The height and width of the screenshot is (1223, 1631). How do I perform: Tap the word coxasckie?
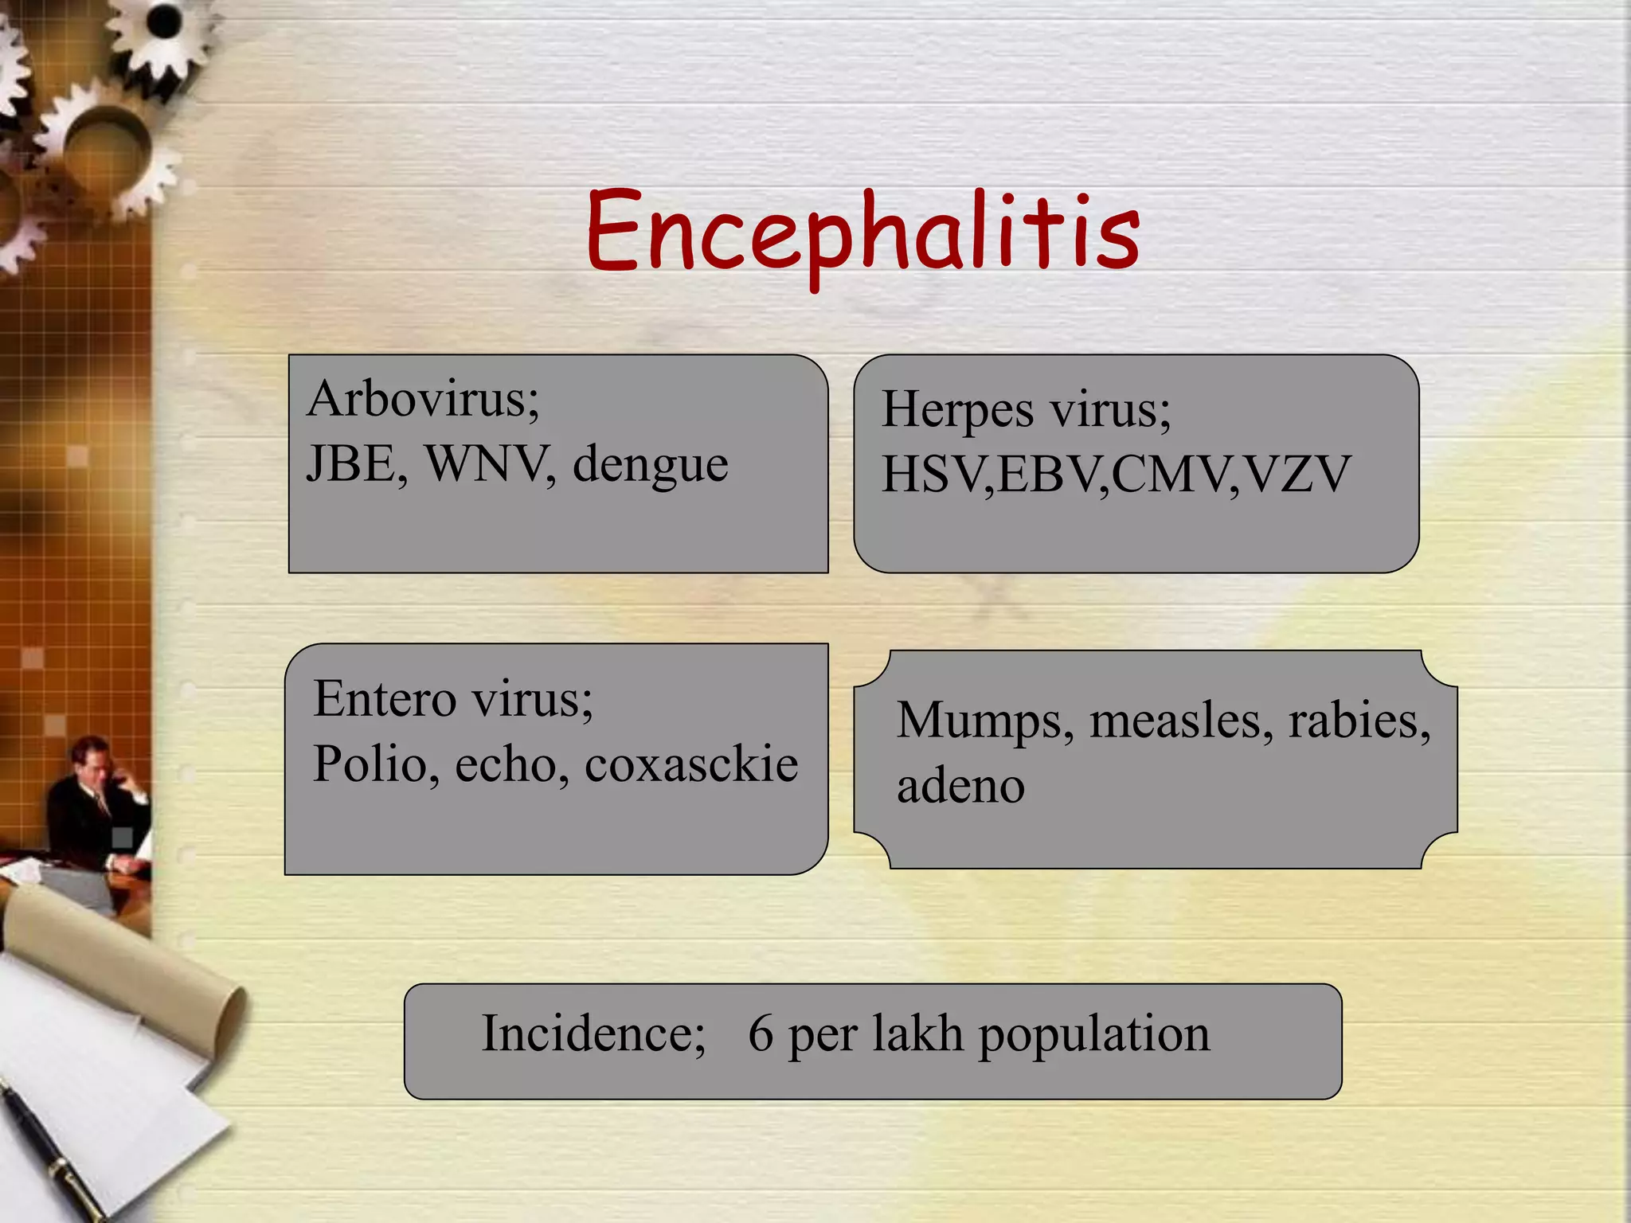pyautogui.click(x=691, y=764)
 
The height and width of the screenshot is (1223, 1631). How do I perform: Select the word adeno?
pyautogui.click(x=960, y=786)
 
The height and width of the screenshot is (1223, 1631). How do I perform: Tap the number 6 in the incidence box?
pyautogui.click(x=761, y=1033)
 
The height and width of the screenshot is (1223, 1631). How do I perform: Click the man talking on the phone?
pyautogui.click(x=96, y=804)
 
